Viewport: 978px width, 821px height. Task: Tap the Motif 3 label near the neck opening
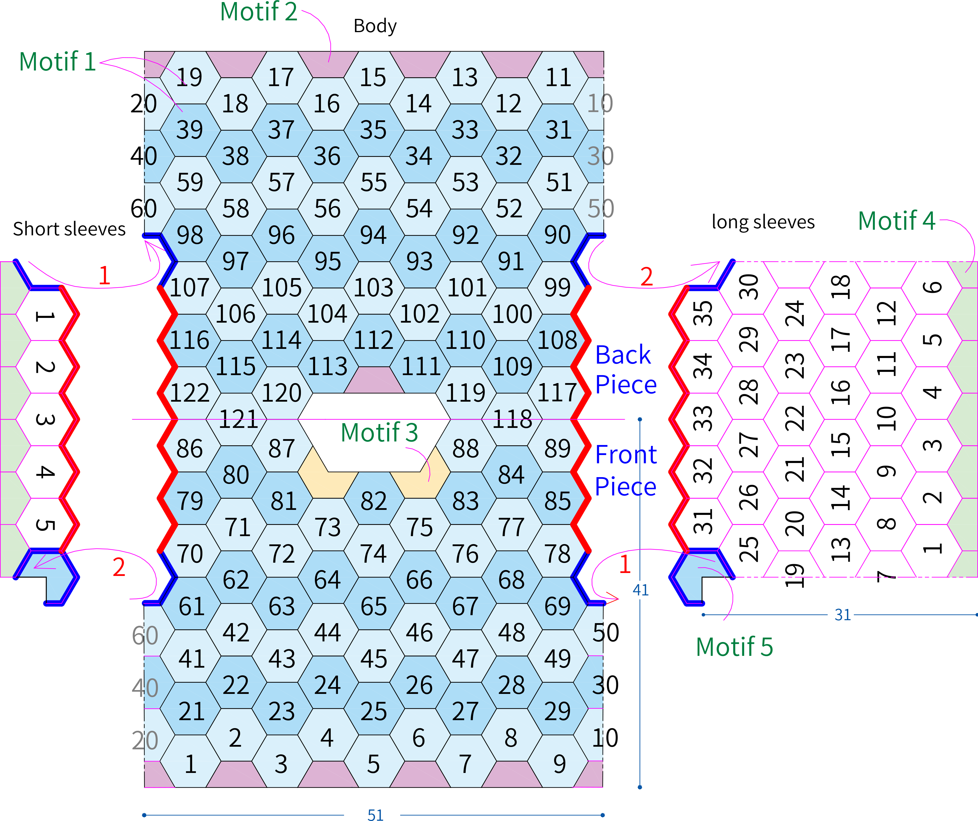pos(379,433)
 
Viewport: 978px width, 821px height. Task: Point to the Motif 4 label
pos(897,221)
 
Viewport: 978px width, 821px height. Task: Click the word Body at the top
pos(375,26)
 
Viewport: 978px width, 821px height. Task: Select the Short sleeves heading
pos(69,229)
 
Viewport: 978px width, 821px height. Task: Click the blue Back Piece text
pos(626,370)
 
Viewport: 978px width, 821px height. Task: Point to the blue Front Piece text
pos(626,470)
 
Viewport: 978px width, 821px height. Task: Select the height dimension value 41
pos(640,590)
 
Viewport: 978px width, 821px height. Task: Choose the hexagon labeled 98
pos(190,235)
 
